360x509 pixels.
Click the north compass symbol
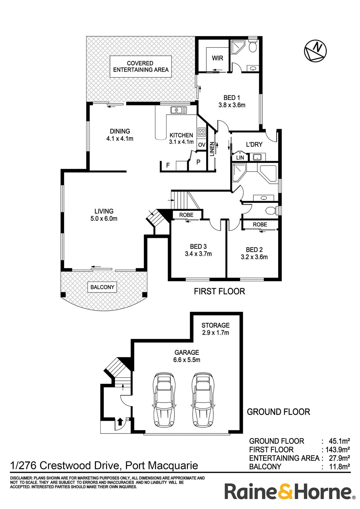[315, 50]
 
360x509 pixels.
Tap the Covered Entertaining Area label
[141, 66]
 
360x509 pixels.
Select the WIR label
[217, 58]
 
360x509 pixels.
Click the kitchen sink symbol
[179, 110]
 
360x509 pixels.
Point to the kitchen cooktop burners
[201, 132]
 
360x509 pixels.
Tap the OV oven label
[201, 145]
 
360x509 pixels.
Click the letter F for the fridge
[168, 165]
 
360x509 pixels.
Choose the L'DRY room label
[254, 144]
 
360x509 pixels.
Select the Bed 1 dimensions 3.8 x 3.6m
[232, 105]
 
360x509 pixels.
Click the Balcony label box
[102, 287]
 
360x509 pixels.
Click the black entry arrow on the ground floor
[120, 422]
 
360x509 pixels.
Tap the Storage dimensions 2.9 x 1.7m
[215, 333]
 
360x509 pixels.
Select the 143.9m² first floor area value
[337, 450]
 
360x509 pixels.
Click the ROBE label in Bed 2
[260, 225]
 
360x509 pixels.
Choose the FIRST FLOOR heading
[219, 291]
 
